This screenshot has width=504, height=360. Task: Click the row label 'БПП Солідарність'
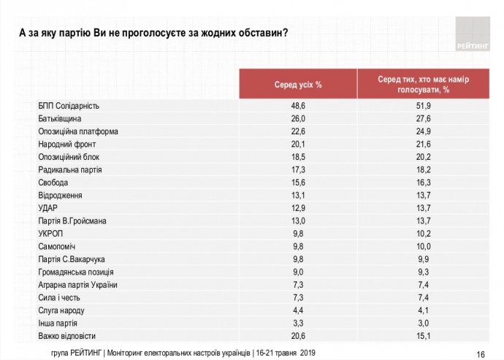point(68,106)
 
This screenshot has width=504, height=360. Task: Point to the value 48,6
point(298,106)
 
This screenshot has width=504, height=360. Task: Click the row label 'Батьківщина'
point(59,118)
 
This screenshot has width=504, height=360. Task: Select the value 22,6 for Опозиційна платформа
point(298,131)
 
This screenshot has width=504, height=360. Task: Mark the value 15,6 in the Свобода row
point(298,183)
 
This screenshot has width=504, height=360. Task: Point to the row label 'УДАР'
point(48,208)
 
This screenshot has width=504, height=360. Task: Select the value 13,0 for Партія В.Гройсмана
point(298,221)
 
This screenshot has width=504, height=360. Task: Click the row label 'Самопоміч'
point(57,246)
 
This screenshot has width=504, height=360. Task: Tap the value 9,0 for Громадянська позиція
point(298,272)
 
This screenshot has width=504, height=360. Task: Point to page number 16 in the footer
point(481,353)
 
